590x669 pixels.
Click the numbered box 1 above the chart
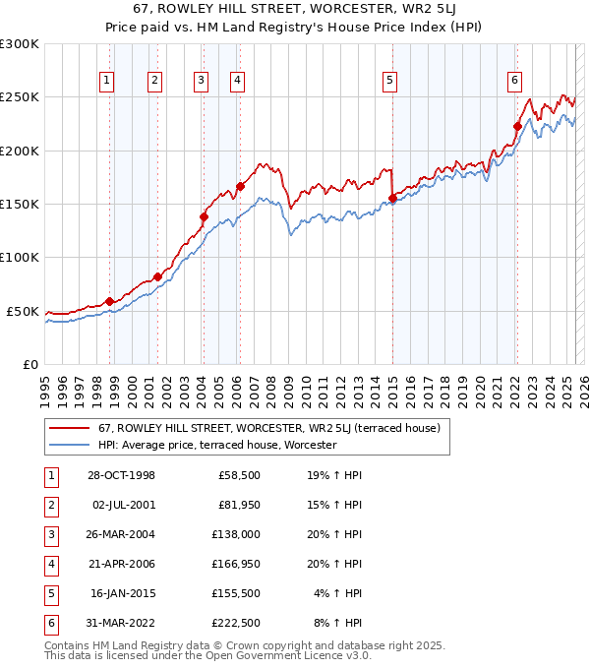[106, 82]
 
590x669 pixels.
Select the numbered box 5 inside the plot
[390, 82]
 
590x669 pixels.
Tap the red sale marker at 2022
[517, 126]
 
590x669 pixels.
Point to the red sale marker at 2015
[392, 198]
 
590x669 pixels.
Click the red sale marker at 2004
[205, 216]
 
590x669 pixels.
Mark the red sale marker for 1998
[110, 301]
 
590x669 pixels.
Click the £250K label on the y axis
[20, 97]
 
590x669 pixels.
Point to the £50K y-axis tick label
[24, 311]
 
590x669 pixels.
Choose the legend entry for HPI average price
[217, 445]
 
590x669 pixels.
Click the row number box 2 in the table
[49, 505]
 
